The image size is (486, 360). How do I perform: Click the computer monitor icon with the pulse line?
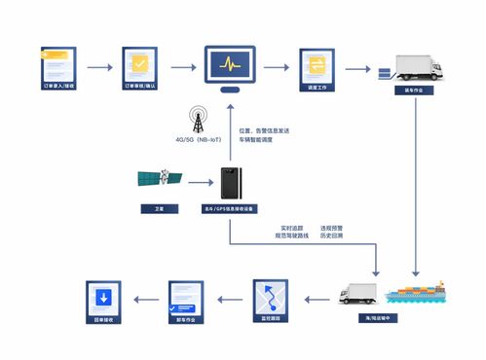[x=230, y=66]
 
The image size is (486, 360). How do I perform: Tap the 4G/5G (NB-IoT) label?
[x=200, y=139]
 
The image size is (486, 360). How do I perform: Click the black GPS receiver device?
[x=230, y=182]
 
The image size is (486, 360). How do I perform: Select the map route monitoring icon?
[x=270, y=297]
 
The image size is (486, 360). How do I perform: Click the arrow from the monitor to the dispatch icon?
[x=277, y=67]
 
